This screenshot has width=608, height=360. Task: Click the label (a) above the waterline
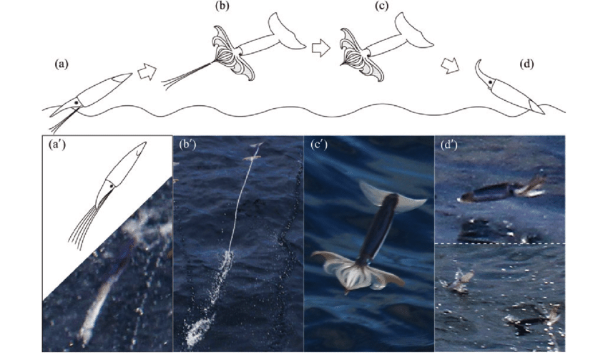(62, 64)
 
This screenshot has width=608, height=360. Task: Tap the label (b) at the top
(222, 6)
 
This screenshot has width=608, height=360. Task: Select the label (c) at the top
(381, 6)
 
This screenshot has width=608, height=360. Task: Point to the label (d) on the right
(526, 64)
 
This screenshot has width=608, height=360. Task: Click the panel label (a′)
(57, 145)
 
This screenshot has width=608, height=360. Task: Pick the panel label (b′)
(188, 145)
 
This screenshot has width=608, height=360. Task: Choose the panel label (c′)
(319, 145)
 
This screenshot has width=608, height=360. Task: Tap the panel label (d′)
(450, 145)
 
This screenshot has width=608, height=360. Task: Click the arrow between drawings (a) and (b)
(147, 72)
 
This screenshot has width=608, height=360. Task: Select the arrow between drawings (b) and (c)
(321, 49)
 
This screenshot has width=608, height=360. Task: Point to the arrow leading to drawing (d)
(450, 66)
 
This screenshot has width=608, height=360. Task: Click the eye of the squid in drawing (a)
(77, 103)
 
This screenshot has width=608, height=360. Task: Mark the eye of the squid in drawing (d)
(491, 82)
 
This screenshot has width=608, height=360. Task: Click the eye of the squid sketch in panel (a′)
(112, 186)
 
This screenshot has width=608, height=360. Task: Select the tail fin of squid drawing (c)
(413, 30)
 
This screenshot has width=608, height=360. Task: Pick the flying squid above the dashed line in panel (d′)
(501, 191)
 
